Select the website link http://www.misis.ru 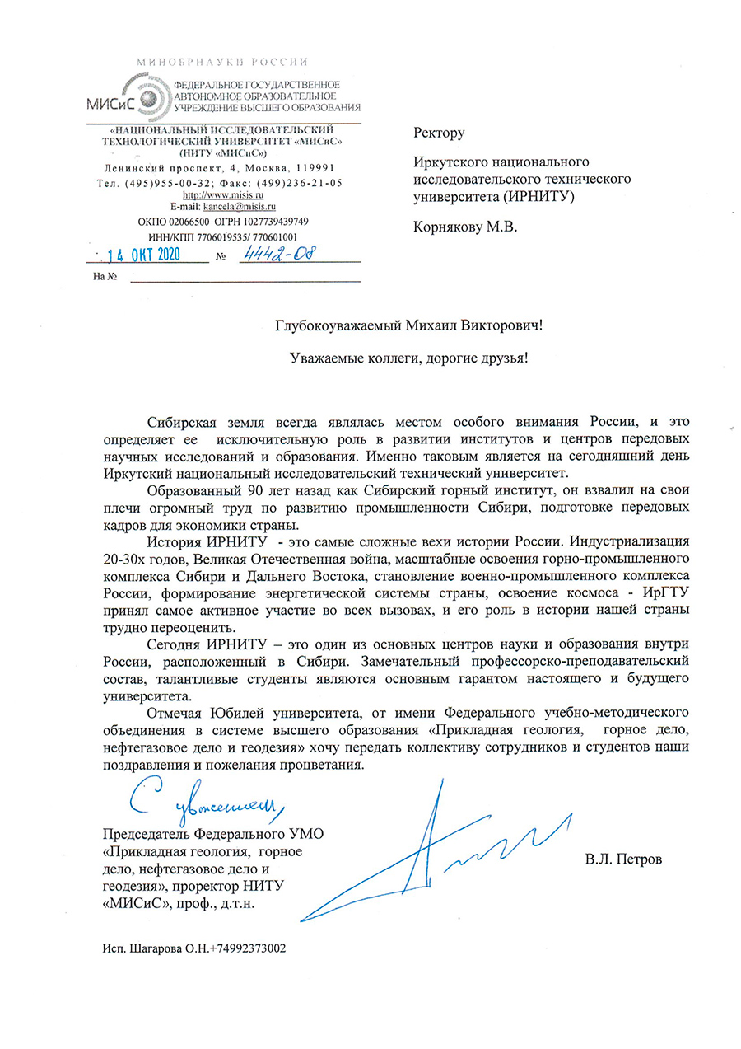pyautogui.click(x=224, y=194)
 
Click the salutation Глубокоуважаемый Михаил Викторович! pyautogui.click(x=409, y=325)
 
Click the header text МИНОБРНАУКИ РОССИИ pyautogui.click(x=222, y=62)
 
